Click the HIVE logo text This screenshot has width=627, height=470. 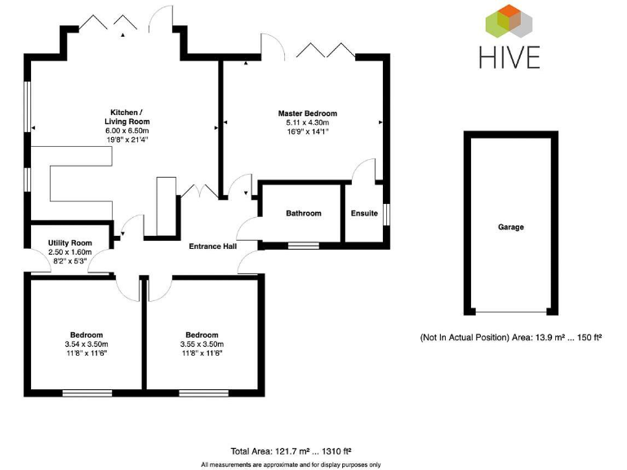point(510,57)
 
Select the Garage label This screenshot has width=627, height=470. point(511,228)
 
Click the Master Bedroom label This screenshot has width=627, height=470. point(307,113)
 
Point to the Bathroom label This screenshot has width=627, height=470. point(303,214)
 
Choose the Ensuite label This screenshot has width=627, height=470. point(364,214)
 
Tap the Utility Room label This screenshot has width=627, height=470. point(69,243)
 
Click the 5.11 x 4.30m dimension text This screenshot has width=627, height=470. point(307,122)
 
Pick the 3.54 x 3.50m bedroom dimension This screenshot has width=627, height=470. point(86,344)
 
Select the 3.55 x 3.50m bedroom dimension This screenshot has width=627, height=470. point(202,344)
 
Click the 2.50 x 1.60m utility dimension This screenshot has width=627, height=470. point(69,252)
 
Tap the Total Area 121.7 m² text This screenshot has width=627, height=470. point(290,451)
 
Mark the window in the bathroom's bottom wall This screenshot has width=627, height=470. point(304,245)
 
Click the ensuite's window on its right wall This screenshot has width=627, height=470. point(386,213)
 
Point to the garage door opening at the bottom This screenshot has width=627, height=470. point(511,312)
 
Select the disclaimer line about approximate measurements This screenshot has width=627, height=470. point(291,464)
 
